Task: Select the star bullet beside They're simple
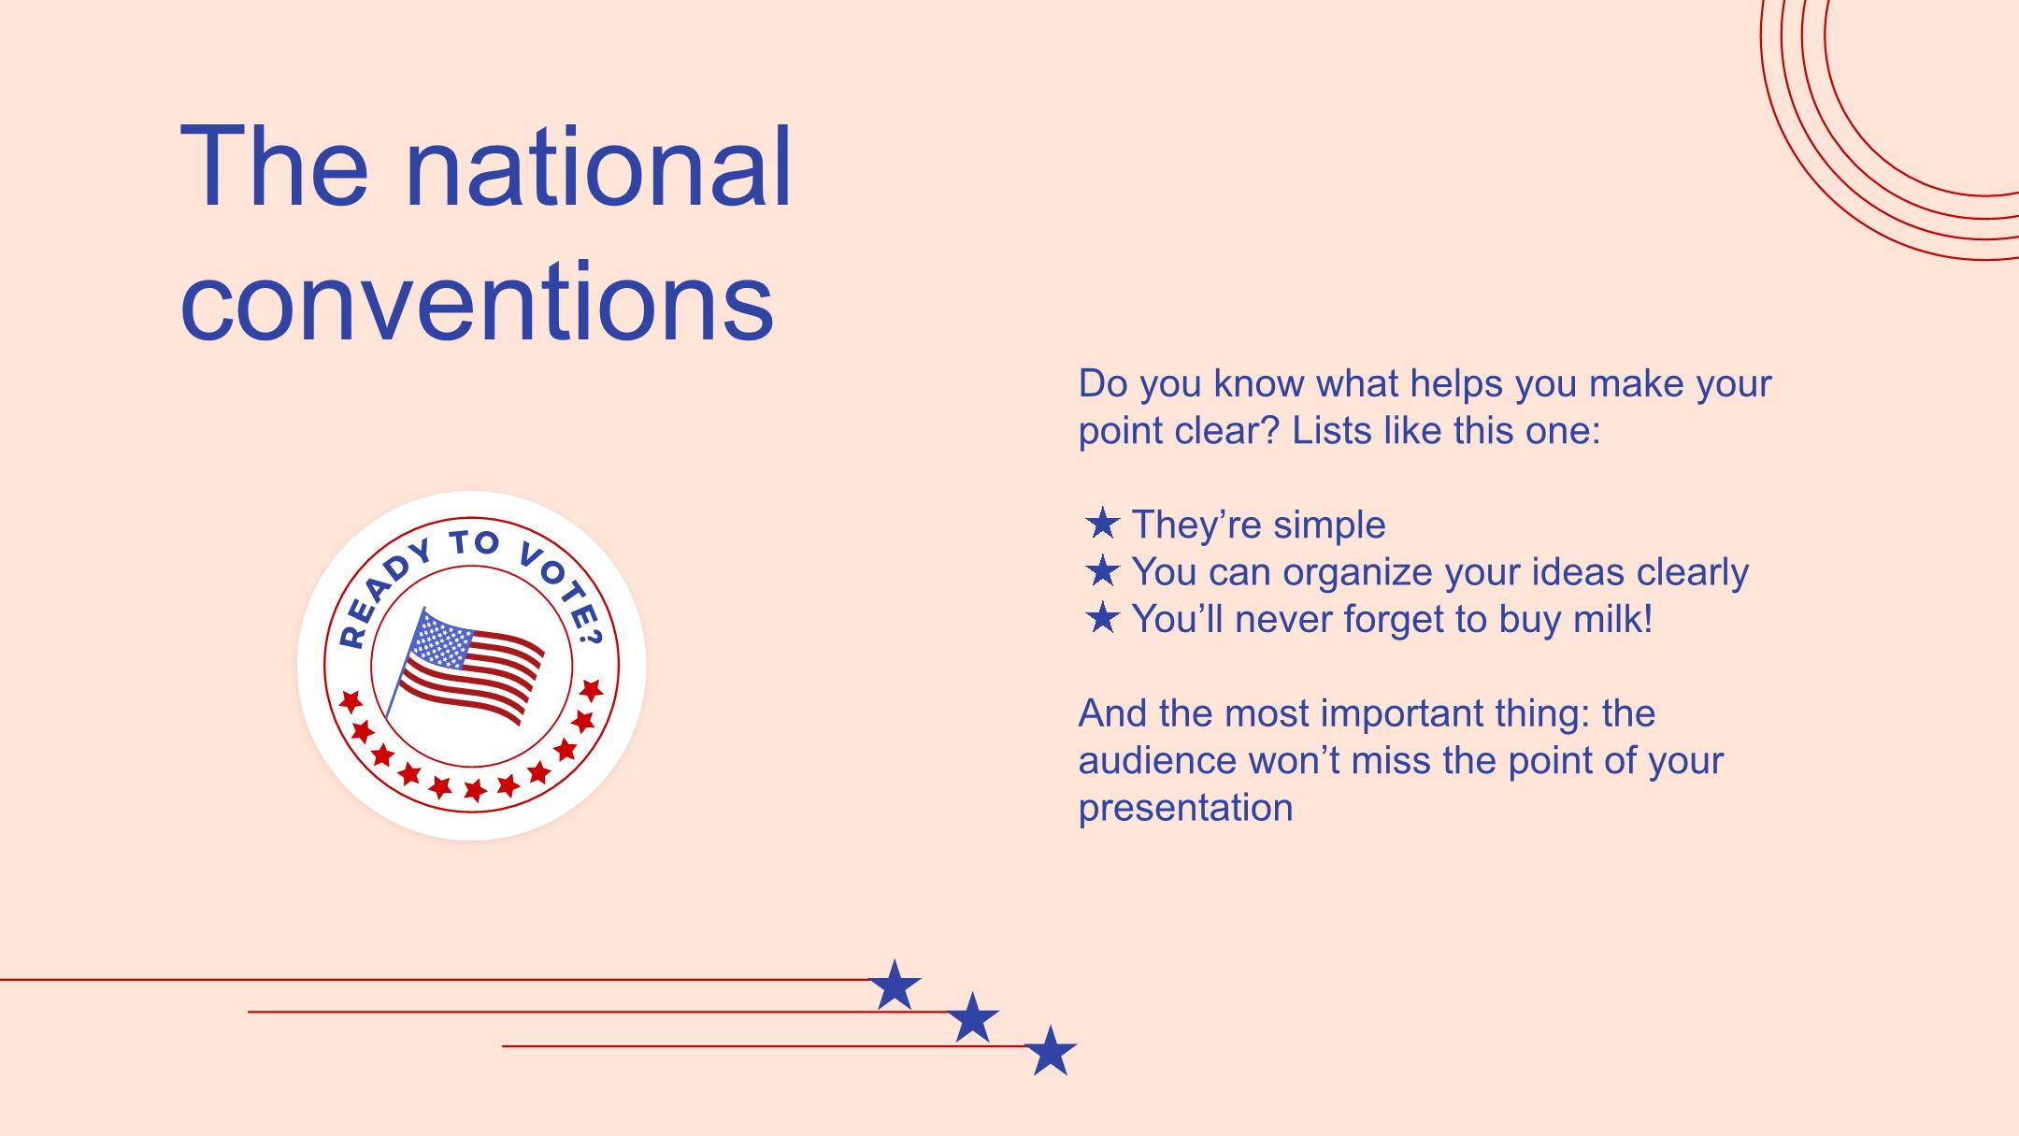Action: (x=1103, y=524)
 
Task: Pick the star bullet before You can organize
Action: (x=1103, y=570)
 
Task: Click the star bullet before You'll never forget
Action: (x=1103, y=618)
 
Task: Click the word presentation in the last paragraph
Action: (x=1185, y=808)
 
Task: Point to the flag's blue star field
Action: (x=437, y=643)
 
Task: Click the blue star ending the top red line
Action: (x=895, y=985)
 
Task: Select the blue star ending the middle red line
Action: (x=972, y=1017)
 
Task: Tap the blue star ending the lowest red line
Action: (x=1051, y=1050)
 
